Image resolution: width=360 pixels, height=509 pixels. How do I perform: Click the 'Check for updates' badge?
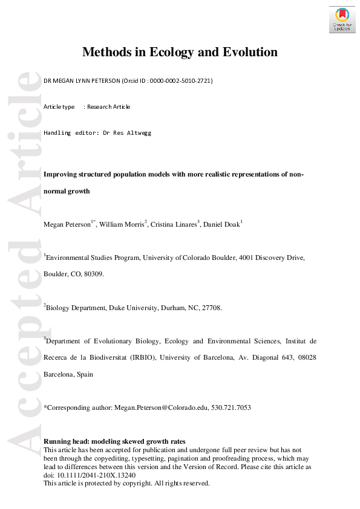click(x=342, y=19)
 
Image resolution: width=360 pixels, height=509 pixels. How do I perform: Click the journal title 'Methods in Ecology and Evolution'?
click(x=180, y=52)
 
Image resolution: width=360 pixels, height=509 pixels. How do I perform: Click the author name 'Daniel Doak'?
click(x=221, y=224)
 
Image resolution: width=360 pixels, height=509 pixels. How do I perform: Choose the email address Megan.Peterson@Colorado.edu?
click(x=162, y=408)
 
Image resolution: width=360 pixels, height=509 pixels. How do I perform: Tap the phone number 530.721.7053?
click(x=231, y=408)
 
